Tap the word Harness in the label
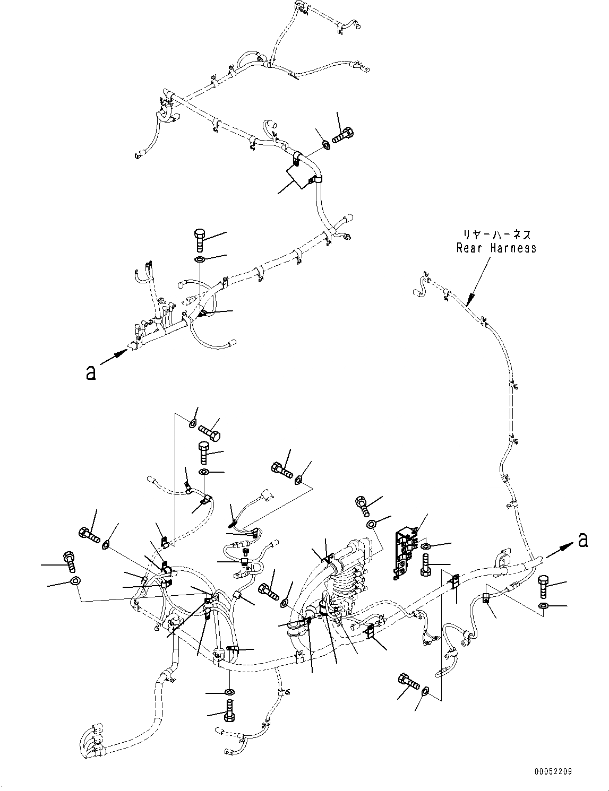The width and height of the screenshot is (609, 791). click(512, 248)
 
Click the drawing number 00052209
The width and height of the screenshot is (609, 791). click(553, 772)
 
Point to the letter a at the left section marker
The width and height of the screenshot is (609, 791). click(91, 373)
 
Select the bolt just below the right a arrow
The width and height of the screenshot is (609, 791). click(545, 587)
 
